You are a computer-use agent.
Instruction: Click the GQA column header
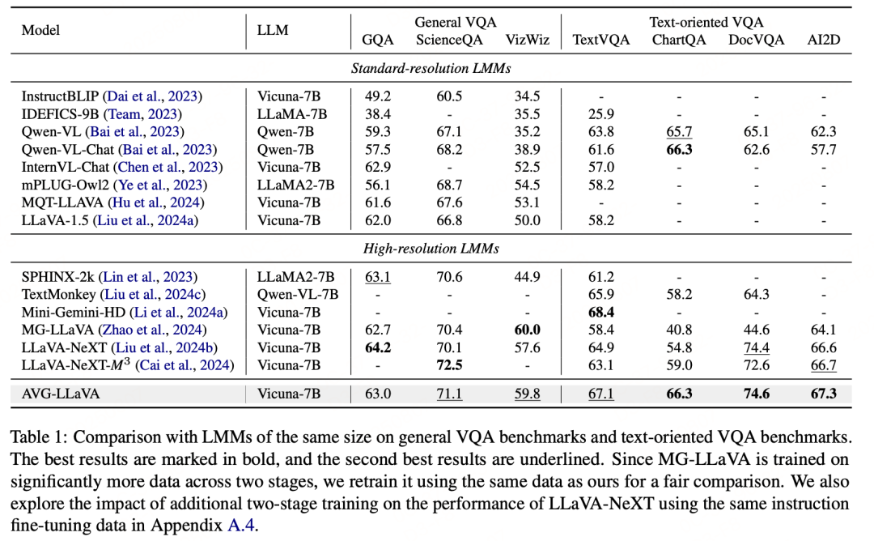[379, 40]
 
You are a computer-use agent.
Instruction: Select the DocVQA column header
[756, 40]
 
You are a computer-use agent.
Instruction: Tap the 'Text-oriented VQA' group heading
[706, 22]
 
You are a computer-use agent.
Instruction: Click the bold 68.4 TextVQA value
[601, 312]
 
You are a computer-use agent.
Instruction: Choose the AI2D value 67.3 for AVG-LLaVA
[822, 394]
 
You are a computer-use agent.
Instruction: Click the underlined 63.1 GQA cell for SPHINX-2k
[379, 277]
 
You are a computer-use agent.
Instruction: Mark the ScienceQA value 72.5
[450, 365]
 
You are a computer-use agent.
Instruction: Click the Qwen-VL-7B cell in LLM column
[298, 294]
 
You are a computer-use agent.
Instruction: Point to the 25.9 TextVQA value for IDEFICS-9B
[601, 114]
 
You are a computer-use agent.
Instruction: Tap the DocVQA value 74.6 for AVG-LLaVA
[756, 394]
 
